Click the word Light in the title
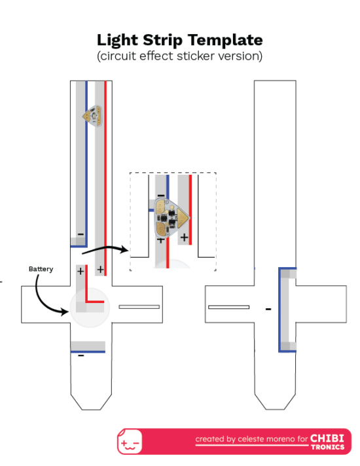tap(117, 41)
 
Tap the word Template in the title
tap(225, 41)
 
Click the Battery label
tap(41, 269)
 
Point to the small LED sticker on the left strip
tap(92, 116)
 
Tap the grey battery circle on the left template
tap(90, 308)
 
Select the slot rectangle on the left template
tap(139, 307)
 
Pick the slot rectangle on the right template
tap(228, 307)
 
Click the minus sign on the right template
tap(268, 310)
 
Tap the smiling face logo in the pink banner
tap(130, 442)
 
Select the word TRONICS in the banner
tap(327, 446)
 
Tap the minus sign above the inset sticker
tap(160, 195)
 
